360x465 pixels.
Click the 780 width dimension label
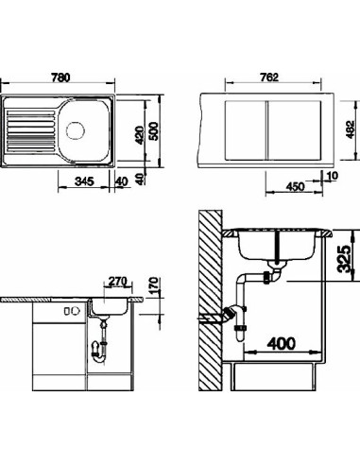coord(60,77)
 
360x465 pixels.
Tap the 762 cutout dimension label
coord(270,77)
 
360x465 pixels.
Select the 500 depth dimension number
coord(153,131)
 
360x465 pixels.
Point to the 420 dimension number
coord(140,134)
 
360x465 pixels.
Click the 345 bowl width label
coord(84,181)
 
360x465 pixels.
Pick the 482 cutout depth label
coord(351,129)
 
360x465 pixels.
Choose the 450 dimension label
coord(296,186)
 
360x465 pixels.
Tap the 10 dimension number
coord(333,176)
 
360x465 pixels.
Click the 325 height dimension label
coord(344,258)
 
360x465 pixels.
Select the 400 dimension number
coord(282,343)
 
